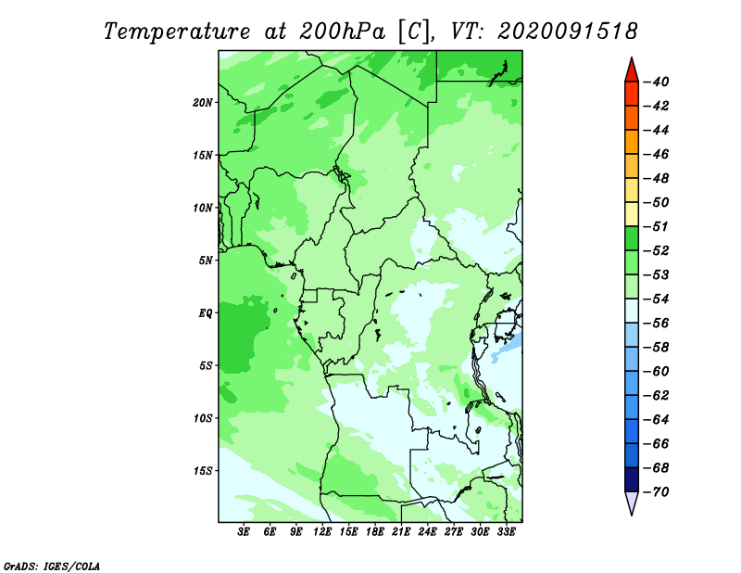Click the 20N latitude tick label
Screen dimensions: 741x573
(x=203, y=102)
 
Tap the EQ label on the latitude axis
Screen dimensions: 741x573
(x=206, y=312)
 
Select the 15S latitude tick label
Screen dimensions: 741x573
(x=203, y=471)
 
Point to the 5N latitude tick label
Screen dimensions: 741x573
(x=206, y=261)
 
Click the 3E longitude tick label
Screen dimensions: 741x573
(x=244, y=531)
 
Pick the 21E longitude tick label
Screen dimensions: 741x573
(x=401, y=531)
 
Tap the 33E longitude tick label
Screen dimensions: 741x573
(x=506, y=531)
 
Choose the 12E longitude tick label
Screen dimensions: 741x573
(x=322, y=531)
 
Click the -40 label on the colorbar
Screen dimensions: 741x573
(x=657, y=82)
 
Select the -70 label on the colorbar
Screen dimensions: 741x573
(x=657, y=492)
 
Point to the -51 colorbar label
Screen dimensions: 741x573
(x=657, y=226)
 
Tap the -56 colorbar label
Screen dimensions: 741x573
(x=657, y=324)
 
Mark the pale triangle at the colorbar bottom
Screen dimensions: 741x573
(x=632, y=501)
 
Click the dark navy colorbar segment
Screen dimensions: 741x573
(x=632, y=479)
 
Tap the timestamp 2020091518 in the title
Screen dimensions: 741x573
(x=568, y=32)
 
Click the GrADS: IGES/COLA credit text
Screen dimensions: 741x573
(x=52, y=567)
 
